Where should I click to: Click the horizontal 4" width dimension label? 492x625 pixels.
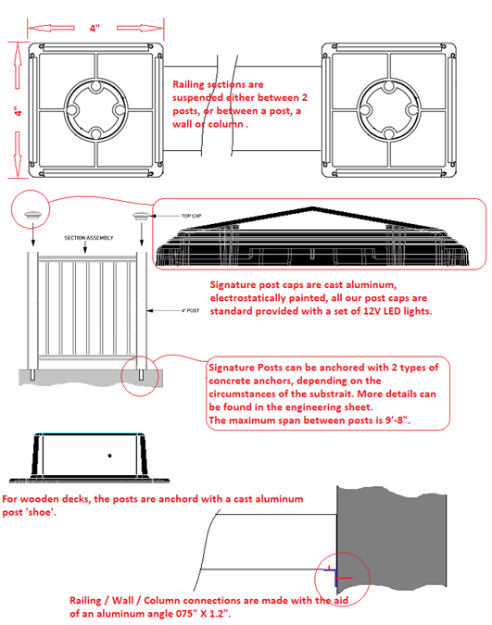point(95,29)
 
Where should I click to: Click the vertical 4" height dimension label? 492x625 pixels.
point(18,111)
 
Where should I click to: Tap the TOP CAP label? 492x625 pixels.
point(191,216)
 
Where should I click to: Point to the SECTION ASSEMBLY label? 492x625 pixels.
point(89,238)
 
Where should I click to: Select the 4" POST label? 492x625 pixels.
point(190,310)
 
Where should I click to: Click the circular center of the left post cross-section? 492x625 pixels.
point(95,109)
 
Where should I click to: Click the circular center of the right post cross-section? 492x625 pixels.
point(389,109)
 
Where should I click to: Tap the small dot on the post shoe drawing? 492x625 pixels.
point(109,456)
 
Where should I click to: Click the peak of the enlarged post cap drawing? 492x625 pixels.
point(312,207)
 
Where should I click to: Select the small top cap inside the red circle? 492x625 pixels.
point(32,215)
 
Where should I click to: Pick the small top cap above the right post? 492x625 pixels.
point(141,216)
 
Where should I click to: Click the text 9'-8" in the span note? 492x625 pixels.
point(397,420)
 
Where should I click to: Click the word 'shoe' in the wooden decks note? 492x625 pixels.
point(41,512)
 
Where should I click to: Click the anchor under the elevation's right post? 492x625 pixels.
point(141,375)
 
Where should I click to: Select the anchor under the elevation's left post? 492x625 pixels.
point(32,375)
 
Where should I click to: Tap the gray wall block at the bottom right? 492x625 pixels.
point(391,536)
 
